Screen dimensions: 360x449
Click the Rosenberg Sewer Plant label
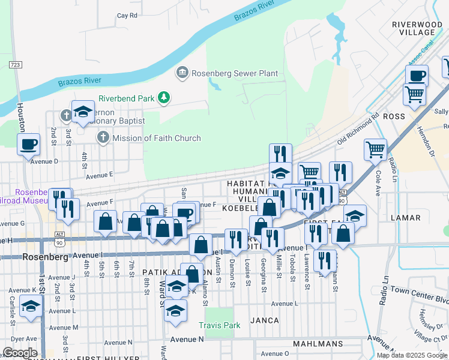[x=234, y=73]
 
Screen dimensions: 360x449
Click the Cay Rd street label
[x=127, y=16]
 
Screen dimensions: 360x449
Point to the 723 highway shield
[x=16, y=64]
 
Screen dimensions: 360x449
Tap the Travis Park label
[x=220, y=325]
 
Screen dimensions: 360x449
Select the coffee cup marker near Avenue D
[x=28, y=144]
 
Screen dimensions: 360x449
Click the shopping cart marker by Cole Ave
[x=375, y=149]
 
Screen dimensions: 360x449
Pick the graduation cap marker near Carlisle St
[x=29, y=307]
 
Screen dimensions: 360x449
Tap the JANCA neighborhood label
[x=265, y=320]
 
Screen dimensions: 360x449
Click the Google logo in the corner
[x=19, y=352]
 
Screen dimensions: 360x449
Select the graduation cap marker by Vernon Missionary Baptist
[x=83, y=111]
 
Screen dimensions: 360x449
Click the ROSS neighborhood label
[x=394, y=116]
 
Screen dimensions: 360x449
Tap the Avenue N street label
[x=187, y=339]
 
